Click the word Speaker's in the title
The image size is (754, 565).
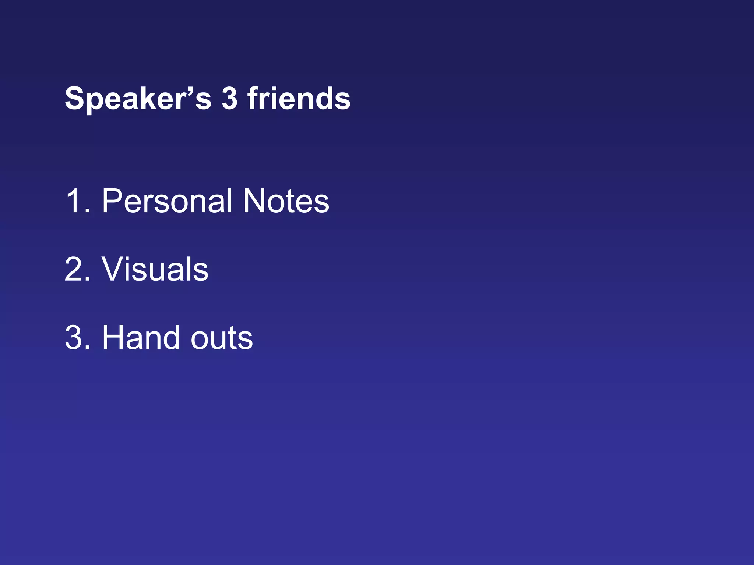pyautogui.click(x=138, y=99)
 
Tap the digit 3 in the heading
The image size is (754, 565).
pyautogui.click(x=229, y=99)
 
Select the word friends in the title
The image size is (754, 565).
pyautogui.click(x=299, y=99)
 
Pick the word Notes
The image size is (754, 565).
pyautogui.click(x=286, y=201)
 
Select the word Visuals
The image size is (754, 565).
pyautogui.click(x=155, y=269)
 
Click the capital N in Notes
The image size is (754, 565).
pyautogui.click(x=256, y=201)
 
